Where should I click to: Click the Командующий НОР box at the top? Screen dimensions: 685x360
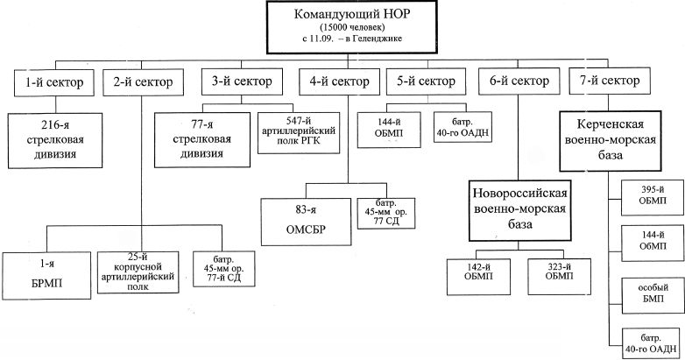point(351,27)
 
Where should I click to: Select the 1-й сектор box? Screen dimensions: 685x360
point(54,82)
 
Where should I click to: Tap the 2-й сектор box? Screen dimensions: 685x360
point(143,81)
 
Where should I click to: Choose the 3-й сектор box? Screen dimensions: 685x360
point(242,81)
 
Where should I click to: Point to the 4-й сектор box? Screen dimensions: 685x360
point(340,81)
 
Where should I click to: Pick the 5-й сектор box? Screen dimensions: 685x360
point(426,81)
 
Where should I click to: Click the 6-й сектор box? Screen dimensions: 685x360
point(519,81)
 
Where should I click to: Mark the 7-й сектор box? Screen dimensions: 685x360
point(610,81)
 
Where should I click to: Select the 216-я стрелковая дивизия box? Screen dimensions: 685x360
point(55,141)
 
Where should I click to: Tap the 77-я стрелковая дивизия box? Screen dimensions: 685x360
point(202,140)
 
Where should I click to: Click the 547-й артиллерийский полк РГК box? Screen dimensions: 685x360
point(299,133)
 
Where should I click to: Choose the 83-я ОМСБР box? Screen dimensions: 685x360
point(307,222)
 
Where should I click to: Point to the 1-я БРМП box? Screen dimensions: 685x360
point(46,275)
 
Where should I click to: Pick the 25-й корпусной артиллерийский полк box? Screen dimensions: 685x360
point(138,272)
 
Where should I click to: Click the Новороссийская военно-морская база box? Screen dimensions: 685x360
point(519,210)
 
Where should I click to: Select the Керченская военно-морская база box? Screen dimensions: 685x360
point(611,141)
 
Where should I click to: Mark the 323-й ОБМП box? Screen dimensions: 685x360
point(559,277)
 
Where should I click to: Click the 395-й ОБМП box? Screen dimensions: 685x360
point(653,197)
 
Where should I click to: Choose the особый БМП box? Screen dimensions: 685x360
point(653,295)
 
